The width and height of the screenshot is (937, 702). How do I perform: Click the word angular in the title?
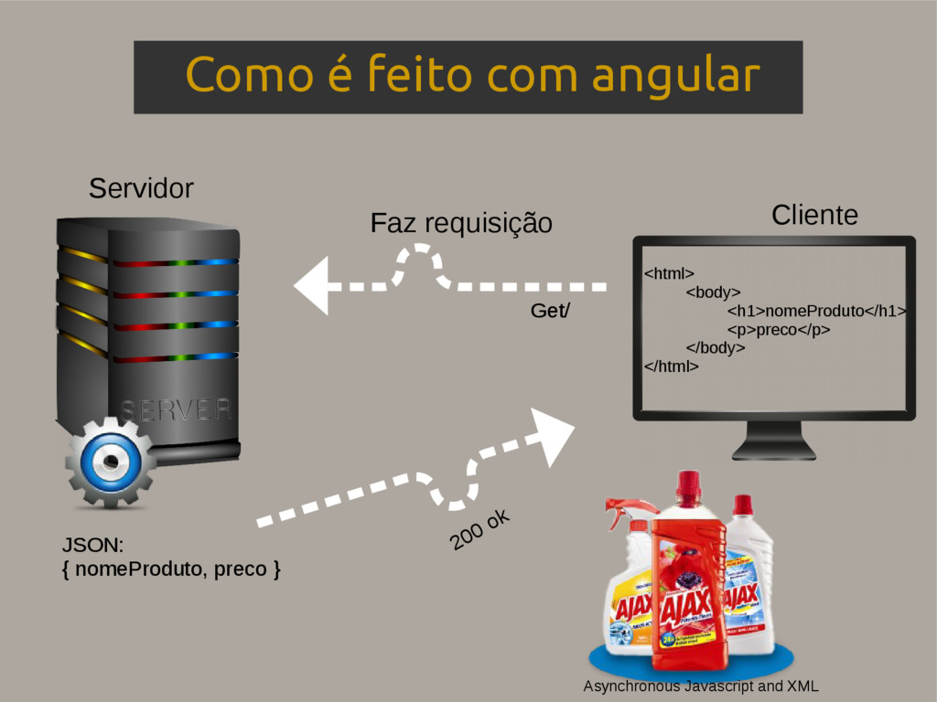(675, 77)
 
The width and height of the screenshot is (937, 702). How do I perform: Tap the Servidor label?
(141, 189)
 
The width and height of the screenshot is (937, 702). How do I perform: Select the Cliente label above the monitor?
(814, 216)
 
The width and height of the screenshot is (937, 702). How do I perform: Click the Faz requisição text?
(461, 223)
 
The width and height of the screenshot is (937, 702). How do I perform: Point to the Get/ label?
(549, 312)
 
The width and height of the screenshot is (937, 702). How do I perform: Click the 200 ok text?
(479, 531)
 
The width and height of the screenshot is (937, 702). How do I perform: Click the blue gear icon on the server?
(111, 462)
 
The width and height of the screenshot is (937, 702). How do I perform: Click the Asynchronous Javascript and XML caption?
(701, 686)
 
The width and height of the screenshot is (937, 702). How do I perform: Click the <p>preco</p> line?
(779, 330)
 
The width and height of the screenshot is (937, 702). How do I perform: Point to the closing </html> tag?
(671, 367)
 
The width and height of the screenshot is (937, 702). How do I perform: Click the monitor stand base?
(773, 451)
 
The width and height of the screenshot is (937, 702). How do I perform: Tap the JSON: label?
(92, 546)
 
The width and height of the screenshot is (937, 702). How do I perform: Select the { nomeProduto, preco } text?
(171, 569)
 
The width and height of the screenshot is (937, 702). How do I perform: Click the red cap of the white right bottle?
(742, 505)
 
